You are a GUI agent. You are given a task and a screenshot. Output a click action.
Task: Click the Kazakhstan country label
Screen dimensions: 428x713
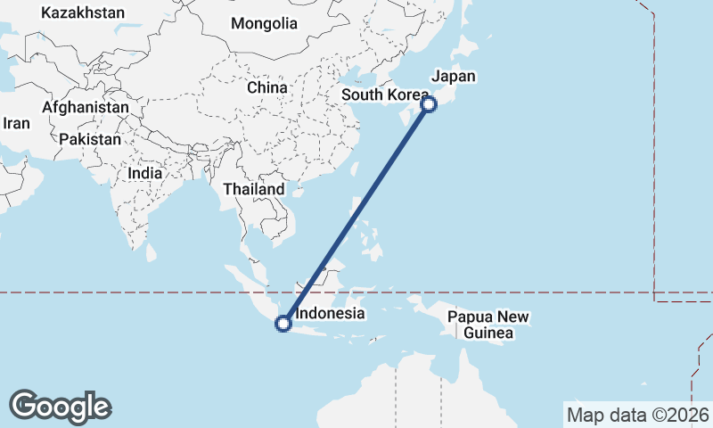pos(83,13)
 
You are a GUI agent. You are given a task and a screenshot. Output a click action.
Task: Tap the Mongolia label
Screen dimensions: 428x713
pos(264,24)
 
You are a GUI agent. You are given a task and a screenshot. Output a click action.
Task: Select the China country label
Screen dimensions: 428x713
pos(267,87)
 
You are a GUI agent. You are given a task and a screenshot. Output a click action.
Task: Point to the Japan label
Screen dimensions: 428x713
pos(453,77)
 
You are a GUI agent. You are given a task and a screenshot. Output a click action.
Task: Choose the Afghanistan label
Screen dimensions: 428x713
pos(86,107)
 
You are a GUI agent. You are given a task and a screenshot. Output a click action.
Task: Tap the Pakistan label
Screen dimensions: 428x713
pos(90,139)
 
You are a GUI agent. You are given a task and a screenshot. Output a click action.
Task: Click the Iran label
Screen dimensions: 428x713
pos(16,124)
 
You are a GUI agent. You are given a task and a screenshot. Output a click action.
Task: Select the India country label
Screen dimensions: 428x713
pos(144,173)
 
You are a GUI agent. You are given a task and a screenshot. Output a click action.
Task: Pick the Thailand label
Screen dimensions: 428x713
pos(254,189)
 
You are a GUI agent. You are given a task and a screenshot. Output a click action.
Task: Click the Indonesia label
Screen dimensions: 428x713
pos(330,313)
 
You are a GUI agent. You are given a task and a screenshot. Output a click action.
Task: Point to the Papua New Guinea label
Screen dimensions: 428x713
pos(488,325)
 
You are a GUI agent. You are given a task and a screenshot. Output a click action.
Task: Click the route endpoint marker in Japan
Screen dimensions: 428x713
pos(429,104)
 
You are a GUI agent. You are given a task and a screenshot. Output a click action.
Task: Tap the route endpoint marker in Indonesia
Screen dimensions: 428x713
pos(283,324)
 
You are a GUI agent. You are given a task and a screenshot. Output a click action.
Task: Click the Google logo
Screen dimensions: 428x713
pos(60,407)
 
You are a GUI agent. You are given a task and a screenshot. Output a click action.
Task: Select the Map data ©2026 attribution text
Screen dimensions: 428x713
pos(637,415)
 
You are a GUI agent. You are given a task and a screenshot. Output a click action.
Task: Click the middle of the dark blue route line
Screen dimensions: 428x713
pos(356,214)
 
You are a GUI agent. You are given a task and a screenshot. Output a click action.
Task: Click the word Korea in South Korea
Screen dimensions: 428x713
pos(410,95)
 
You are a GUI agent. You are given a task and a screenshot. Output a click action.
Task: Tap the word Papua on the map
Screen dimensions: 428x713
pos(470,317)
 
